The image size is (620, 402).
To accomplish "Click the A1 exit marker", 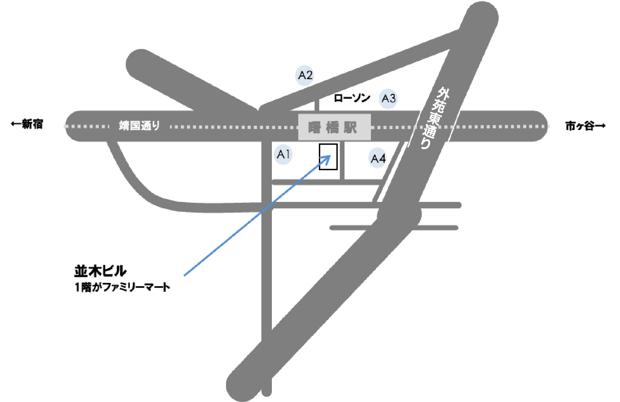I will click(283, 154).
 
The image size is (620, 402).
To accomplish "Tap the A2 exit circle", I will click(305, 75).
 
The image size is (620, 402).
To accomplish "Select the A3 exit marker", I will click(389, 98).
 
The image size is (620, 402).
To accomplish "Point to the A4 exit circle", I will click(378, 158).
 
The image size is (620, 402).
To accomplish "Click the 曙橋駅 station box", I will click(334, 127).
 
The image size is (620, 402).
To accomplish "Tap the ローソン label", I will click(352, 98).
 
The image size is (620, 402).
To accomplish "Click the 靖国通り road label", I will click(139, 126).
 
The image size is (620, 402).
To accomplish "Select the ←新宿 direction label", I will click(27, 124).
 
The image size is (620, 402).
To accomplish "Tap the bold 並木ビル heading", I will click(100, 271).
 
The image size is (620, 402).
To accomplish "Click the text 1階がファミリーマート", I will click(122, 287).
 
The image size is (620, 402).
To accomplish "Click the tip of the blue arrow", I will click(330, 156).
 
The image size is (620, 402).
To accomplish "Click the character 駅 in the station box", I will click(350, 127).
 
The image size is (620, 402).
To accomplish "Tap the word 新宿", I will click(33, 124).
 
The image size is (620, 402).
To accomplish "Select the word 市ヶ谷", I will click(580, 126).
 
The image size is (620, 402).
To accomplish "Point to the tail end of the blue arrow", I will click(184, 275).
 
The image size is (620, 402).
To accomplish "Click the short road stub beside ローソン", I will click(317, 105).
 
